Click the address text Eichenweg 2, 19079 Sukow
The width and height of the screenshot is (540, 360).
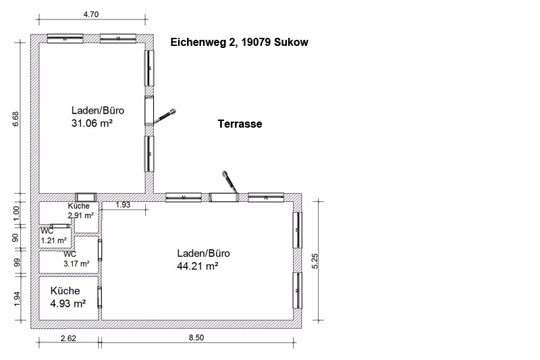pyautogui.click(x=240, y=43)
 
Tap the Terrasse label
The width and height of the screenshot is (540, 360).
pyautogui.click(x=240, y=124)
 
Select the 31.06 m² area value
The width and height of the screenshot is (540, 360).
pyautogui.click(x=92, y=123)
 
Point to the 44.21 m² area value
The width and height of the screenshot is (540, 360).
pyautogui.click(x=198, y=266)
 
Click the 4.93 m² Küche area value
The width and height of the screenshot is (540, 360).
pyautogui.click(x=68, y=303)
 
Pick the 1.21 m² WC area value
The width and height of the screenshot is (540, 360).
pyautogui.click(x=54, y=240)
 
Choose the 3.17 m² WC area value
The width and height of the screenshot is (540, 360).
pyautogui.click(x=76, y=263)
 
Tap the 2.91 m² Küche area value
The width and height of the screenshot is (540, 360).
pyautogui.click(x=80, y=215)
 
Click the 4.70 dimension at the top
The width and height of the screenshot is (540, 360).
pyautogui.click(x=91, y=14)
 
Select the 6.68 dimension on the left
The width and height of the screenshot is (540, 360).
pyautogui.click(x=16, y=119)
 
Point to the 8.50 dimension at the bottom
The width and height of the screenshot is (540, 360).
pyautogui.click(x=196, y=338)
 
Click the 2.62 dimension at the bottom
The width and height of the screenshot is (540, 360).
pyautogui.click(x=68, y=338)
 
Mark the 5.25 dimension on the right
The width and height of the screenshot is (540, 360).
pyautogui.click(x=315, y=261)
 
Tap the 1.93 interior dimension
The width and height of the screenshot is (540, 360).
pyautogui.click(x=123, y=205)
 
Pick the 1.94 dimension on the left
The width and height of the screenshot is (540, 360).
pyautogui.click(x=17, y=299)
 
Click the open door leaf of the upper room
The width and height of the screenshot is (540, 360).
pyautogui.click(x=165, y=116)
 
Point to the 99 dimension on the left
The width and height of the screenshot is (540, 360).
pyautogui.click(x=16, y=263)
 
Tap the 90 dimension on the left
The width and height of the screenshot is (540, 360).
pyautogui.click(x=16, y=238)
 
